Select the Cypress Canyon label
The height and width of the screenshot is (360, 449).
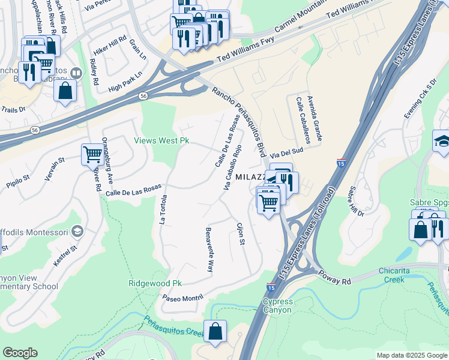pyautogui.click(x=277, y=305)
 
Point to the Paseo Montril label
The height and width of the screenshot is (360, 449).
pyautogui.click(x=182, y=297)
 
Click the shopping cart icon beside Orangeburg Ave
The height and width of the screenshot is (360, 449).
pyautogui.click(x=92, y=154)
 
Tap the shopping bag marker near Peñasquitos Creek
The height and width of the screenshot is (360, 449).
pyautogui.click(x=215, y=331)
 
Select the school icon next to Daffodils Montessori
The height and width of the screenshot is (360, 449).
pyautogui.click(x=76, y=231)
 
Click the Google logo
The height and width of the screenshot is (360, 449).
pyautogui.click(x=20, y=353)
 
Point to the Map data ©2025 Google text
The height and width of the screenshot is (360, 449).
pyautogui.click(x=412, y=355)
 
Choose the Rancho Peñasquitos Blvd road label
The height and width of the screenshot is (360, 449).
pyautogui.click(x=238, y=123)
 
